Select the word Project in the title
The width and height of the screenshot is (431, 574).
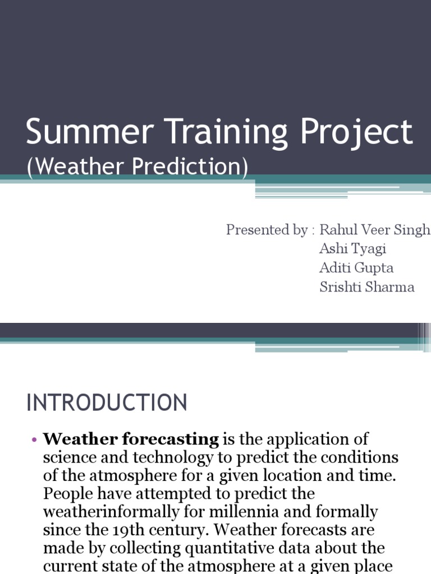pos(356,133)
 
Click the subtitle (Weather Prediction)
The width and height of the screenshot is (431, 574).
pos(137,168)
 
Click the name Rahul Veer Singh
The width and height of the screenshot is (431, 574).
pos(374,230)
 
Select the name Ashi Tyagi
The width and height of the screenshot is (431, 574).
pos(352,249)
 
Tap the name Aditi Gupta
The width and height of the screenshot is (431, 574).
pos(356,268)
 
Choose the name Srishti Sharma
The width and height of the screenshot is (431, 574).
pos(367,287)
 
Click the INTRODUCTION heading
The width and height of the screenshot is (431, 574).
pos(107,403)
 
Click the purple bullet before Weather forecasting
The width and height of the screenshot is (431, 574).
pos(34,440)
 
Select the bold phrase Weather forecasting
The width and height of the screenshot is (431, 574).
pos(131,439)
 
